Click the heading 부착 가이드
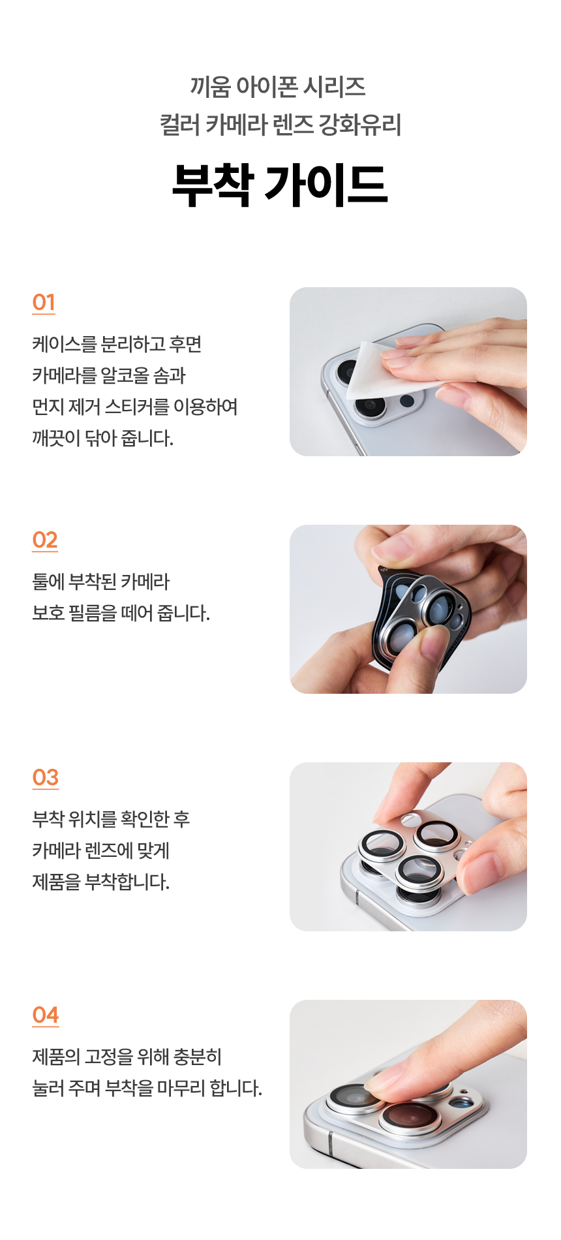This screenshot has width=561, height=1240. click(x=280, y=185)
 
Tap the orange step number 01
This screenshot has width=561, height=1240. click(x=44, y=302)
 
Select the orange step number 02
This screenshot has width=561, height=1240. click(x=45, y=540)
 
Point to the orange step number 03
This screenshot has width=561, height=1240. click(x=46, y=777)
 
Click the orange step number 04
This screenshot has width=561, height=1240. click(x=46, y=1015)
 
